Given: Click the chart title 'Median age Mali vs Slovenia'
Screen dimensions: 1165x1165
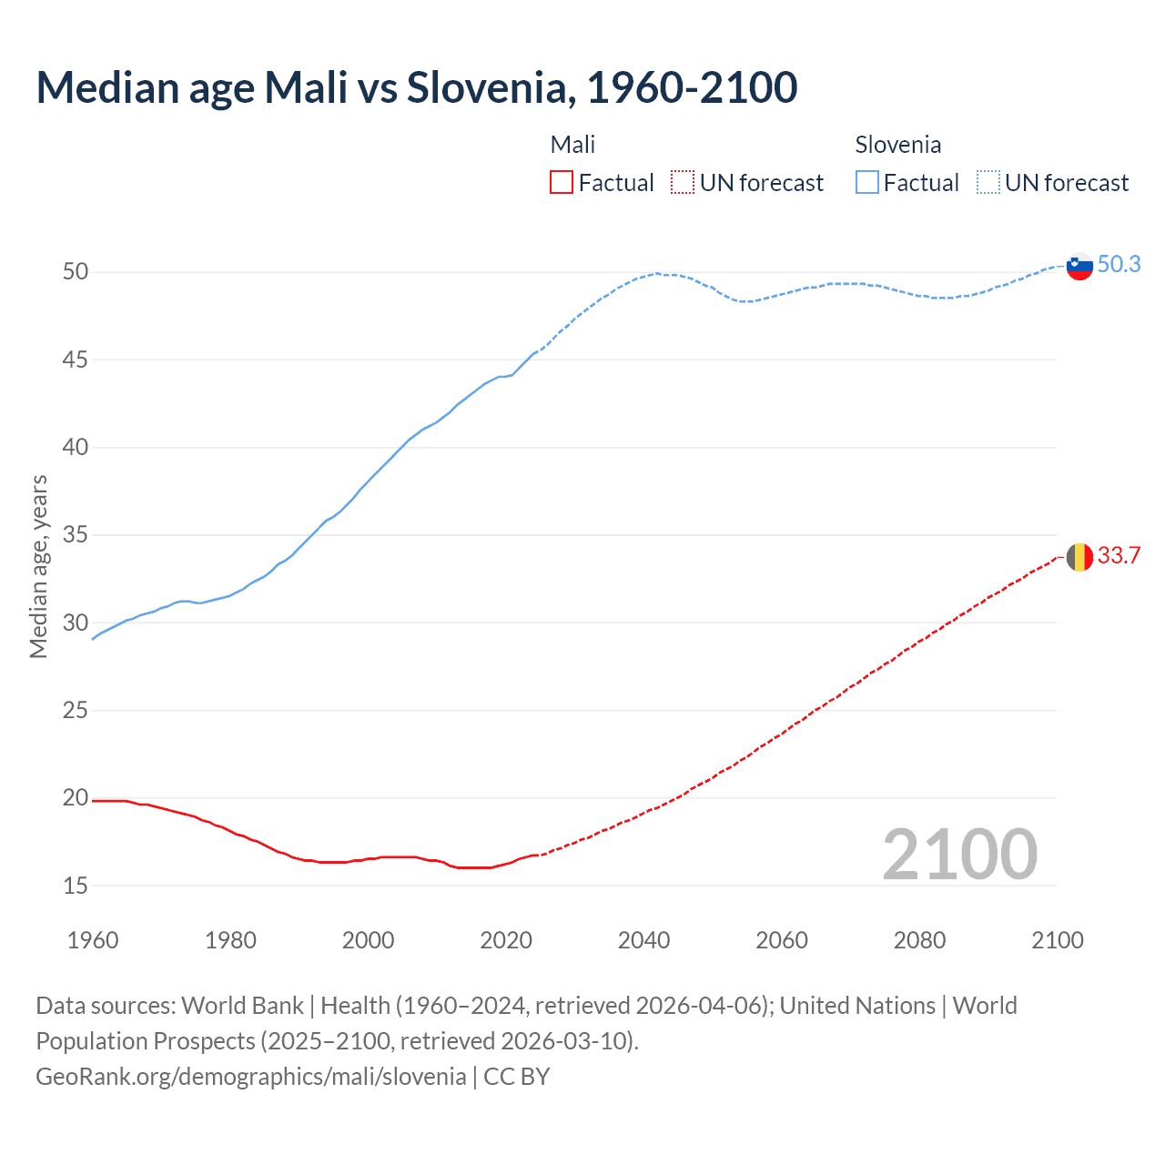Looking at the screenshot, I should tap(417, 87).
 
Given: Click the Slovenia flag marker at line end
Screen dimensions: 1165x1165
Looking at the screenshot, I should tap(1079, 266).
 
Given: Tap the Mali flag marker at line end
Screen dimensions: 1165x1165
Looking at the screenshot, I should tap(1079, 556).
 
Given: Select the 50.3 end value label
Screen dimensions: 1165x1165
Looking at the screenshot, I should tap(1119, 264).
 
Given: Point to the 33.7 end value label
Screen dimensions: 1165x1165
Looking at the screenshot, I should tap(1119, 555).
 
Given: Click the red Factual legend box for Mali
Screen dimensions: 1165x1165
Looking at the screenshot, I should tap(562, 183).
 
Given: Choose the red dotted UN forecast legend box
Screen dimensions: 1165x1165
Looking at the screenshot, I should tap(683, 183).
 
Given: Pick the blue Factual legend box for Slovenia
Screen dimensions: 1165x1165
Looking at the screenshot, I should tap(867, 183).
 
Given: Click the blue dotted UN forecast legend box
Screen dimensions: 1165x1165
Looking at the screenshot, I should tap(988, 183).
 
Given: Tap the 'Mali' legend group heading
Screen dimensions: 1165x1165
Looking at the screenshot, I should tap(572, 145).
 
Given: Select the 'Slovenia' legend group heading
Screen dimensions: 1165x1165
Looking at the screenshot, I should tap(897, 145).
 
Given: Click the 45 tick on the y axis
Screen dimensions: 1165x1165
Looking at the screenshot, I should tap(76, 360).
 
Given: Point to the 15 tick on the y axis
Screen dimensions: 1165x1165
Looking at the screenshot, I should tap(76, 886).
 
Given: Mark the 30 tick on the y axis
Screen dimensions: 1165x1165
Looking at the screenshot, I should tap(76, 623).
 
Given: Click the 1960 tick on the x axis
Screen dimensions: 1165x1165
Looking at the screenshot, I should tap(93, 940).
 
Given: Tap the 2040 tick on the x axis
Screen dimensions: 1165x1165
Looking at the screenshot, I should tap(643, 940).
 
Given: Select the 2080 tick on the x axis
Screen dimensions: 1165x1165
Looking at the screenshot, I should tap(919, 940).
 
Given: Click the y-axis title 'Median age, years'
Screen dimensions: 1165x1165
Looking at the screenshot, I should tap(38, 566).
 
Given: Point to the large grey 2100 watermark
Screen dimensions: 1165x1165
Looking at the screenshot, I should tap(959, 854).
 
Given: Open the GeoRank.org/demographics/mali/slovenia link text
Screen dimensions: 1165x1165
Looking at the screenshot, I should tap(251, 1077).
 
